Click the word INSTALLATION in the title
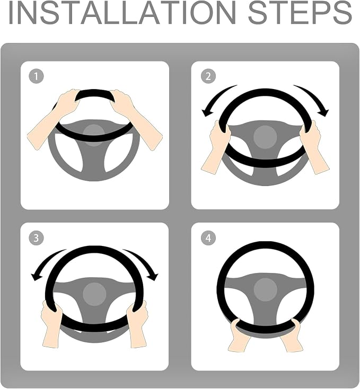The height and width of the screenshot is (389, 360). [122, 13]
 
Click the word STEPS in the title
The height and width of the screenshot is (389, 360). [300, 13]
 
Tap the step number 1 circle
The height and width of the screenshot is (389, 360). [36, 76]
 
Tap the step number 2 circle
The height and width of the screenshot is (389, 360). [208, 76]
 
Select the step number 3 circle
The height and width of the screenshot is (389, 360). [36, 237]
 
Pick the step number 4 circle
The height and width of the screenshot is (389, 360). [208, 237]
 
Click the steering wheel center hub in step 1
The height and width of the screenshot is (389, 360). [93, 135]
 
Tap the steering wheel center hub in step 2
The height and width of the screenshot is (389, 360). [265, 137]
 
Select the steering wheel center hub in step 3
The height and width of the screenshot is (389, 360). [94, 294]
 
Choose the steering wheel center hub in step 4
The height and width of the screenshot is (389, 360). [265, 289]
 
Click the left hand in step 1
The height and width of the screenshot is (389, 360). [54, 118]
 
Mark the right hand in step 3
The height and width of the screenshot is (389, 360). [137, 324]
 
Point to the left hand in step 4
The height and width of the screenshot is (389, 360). [238, 335]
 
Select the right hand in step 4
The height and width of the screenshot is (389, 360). [292, 335]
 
